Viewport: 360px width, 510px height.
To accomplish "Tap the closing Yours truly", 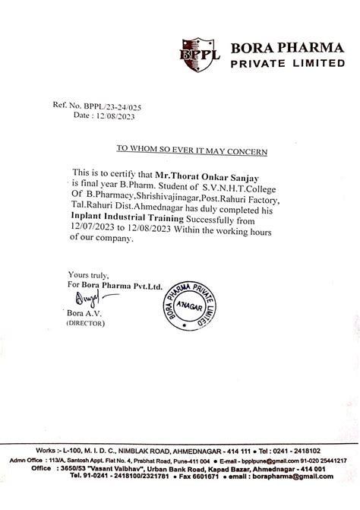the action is [x=88, y=274].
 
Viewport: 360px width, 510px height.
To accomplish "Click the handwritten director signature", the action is [x=84, y=298].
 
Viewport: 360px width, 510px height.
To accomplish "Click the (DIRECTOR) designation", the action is [x=88, y=323].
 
